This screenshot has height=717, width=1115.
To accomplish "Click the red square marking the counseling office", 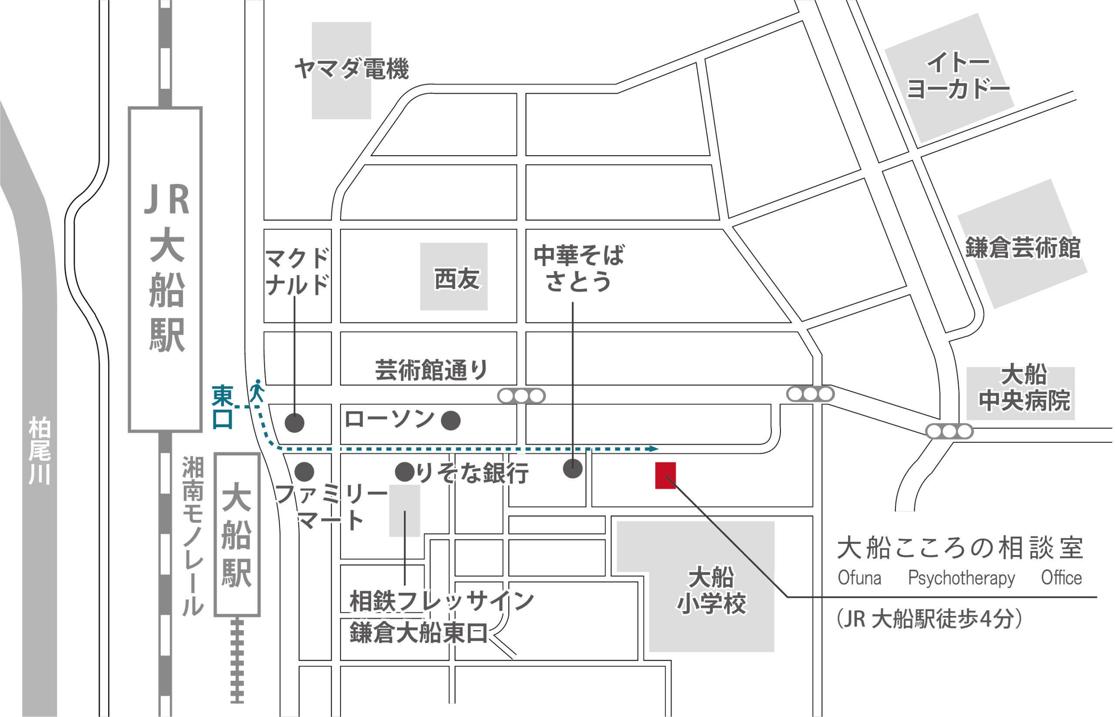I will [665, 476].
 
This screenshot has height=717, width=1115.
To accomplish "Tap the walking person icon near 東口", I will [257, 391].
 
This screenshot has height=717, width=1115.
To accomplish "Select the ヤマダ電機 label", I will [351, 69].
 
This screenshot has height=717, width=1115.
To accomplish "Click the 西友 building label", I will [456, 279].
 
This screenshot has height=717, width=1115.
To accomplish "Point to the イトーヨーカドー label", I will [958, 76].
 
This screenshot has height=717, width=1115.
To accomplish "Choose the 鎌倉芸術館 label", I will [1022, 247].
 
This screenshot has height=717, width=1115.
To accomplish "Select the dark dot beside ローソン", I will [450, 421].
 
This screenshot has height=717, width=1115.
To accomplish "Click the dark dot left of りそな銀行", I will [405, 472].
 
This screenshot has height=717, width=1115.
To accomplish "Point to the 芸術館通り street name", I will [431, 370].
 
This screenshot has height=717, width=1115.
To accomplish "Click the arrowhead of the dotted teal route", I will [654, 449].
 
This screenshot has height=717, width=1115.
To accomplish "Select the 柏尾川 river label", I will [39, 451].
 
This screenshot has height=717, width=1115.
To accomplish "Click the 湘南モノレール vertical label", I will [193, 535].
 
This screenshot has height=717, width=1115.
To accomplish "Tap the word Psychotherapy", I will [961, 578].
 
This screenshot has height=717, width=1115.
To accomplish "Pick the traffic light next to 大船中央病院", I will [949, 431].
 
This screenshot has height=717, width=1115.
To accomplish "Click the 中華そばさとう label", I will [578, 268].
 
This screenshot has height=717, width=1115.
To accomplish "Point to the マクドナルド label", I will [297, 272].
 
